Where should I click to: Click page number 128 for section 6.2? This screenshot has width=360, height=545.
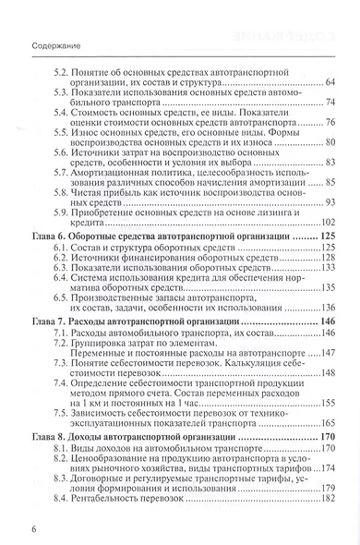tap(326, 260)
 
